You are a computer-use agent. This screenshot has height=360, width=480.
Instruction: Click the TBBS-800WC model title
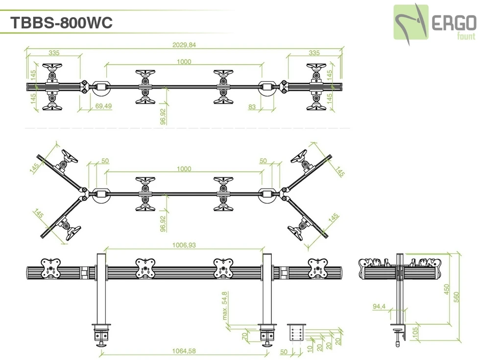click(x=62, y=23)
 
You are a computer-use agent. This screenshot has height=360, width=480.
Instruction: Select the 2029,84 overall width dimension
click(x=184, y=45)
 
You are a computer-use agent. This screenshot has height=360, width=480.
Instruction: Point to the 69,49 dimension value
click(x=103, y=106)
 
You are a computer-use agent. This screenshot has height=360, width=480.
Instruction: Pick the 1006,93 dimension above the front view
click(x=184, y=245)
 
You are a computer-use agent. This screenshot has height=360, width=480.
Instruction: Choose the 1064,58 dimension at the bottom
click(x=184, y=351)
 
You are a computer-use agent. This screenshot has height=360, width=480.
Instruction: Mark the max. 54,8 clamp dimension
click(x=225, y=306)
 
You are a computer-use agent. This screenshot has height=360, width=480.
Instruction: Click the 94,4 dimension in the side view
click(x=379, y=307)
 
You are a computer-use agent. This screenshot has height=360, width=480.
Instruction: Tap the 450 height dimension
click(x=446, y=289)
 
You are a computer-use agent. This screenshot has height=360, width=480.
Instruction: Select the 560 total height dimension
click(x=456, y=297)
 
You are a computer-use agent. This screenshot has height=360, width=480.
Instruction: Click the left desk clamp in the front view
click(x=101, y=333)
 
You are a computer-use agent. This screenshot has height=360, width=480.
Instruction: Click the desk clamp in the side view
click(x=400, y=333)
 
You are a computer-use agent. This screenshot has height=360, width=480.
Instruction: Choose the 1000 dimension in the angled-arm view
click(x=184, y=169)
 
